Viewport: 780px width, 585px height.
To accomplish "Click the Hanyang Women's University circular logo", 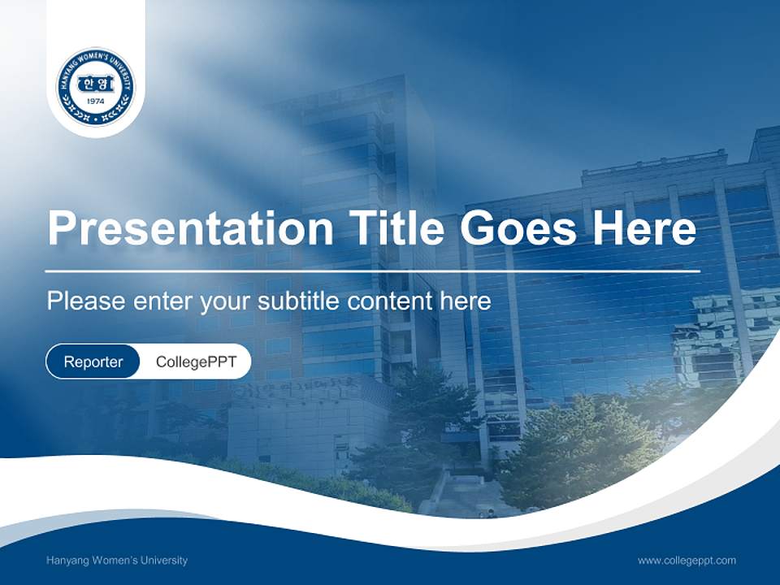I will click(96, 86).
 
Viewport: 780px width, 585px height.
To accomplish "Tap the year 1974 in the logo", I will click(96, 102).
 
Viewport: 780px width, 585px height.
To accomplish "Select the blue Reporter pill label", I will click(93, 362).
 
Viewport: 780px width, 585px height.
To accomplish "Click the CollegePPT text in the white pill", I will click(196, 362).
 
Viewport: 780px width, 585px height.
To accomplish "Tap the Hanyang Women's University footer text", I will click(117, 560).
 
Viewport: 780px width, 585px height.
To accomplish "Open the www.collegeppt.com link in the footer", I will click(687, 560).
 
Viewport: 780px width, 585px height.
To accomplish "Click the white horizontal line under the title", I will click(373, 271).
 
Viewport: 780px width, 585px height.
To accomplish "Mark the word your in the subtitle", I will click(227, 301).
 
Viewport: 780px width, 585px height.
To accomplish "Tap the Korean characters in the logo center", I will click(96, 84).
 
